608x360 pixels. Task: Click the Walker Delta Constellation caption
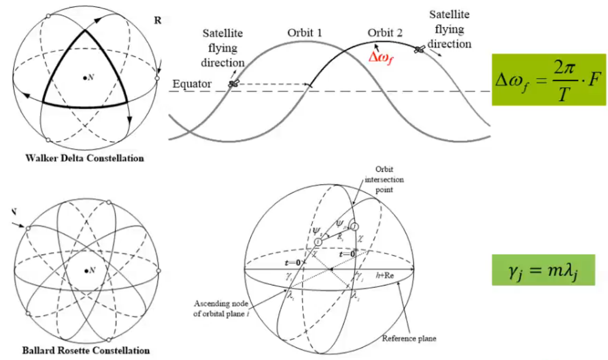(x=84, y=158)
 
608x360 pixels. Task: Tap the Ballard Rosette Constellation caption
(x=86, y=350)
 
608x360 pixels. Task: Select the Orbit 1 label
(x=304, y=34)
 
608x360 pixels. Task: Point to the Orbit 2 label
(x=385, y=34)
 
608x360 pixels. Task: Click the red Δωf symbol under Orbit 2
(x=381, y=57)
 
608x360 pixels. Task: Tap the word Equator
(x=192, y=84)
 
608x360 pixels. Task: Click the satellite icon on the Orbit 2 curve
(x=419, y=50)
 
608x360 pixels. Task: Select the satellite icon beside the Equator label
(x=234, y=84)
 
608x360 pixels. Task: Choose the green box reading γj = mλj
(x=543, y=270)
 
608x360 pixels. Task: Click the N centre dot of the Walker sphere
(x=85, y=78)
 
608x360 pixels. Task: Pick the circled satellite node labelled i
(x=318, y=242)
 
